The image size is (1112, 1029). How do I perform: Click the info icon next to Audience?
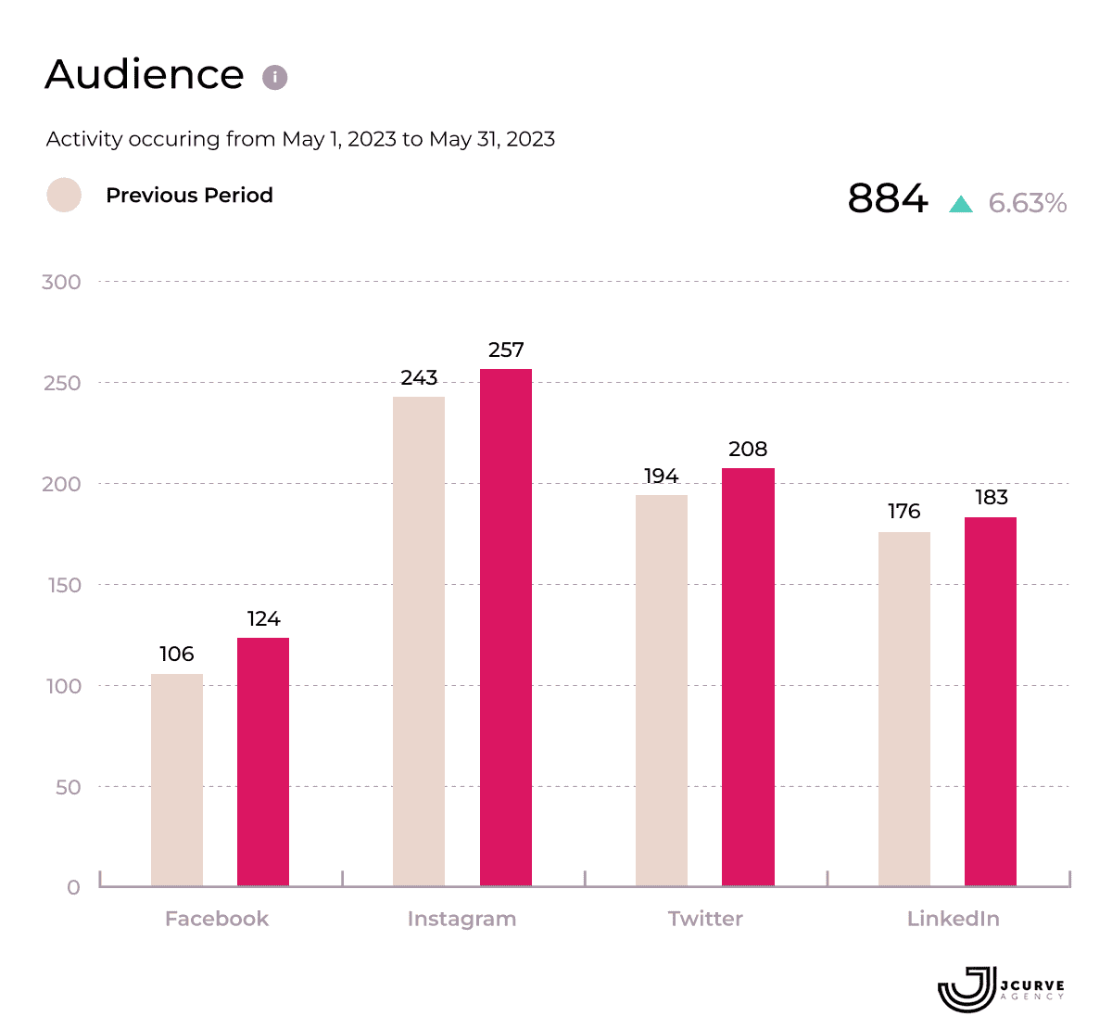pos(274,77)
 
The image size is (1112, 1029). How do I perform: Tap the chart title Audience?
pos(145,75)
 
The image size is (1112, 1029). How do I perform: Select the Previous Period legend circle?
pos(64,195)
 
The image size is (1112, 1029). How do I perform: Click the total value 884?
pos(888,198)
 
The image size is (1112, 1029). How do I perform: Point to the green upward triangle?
pos(961,204)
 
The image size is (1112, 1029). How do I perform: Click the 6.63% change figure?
pos(1028,203)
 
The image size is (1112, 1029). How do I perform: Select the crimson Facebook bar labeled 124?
pos(263,761)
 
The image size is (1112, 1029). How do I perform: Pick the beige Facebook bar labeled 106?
pos(177,780)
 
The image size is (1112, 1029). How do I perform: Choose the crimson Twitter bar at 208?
pos(748,677)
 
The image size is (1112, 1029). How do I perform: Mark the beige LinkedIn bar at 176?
pos(904,709)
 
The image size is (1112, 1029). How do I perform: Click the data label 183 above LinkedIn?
pos(991,498)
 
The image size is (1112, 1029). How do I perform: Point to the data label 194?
pos(662,476)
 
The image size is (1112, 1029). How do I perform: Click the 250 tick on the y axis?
pos(62,383)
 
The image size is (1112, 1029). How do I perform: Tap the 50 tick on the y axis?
pos(68,787)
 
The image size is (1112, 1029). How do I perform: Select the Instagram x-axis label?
pos(461,919)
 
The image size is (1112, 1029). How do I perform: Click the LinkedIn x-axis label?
pos(953,919)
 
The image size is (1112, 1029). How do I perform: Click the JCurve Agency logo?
pos(1001,989)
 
